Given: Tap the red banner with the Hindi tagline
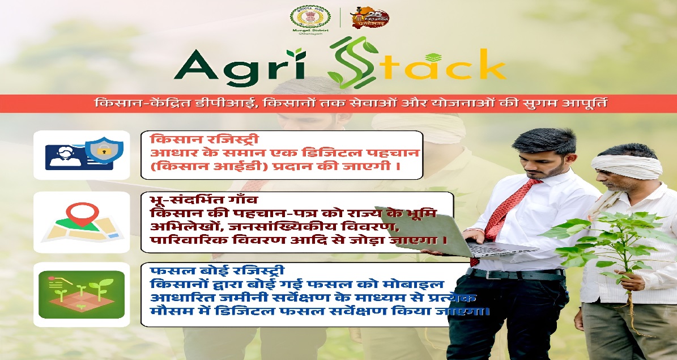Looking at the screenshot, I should click(x=338, y=104).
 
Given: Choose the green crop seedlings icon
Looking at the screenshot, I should click(x=81, y=294).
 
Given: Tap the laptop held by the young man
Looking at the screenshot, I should click(x=487, y=238).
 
